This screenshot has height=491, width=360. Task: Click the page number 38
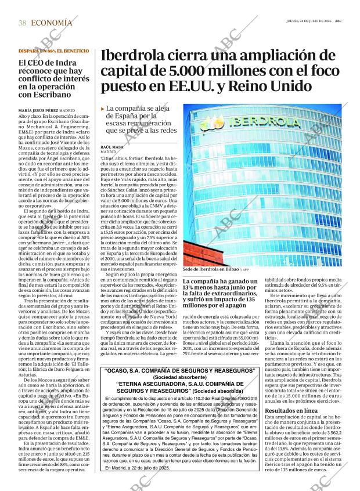[x=22, y=23]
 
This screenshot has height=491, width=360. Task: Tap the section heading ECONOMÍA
[x=52, y=23]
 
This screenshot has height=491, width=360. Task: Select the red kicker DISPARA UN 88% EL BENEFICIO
[x=53, y=51]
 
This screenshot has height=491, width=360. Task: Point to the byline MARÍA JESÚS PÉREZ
[x=39, y=110]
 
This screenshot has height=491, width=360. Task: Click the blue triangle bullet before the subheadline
[x=103, y=109]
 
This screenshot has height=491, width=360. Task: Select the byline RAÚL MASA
[x=113, y=147]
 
